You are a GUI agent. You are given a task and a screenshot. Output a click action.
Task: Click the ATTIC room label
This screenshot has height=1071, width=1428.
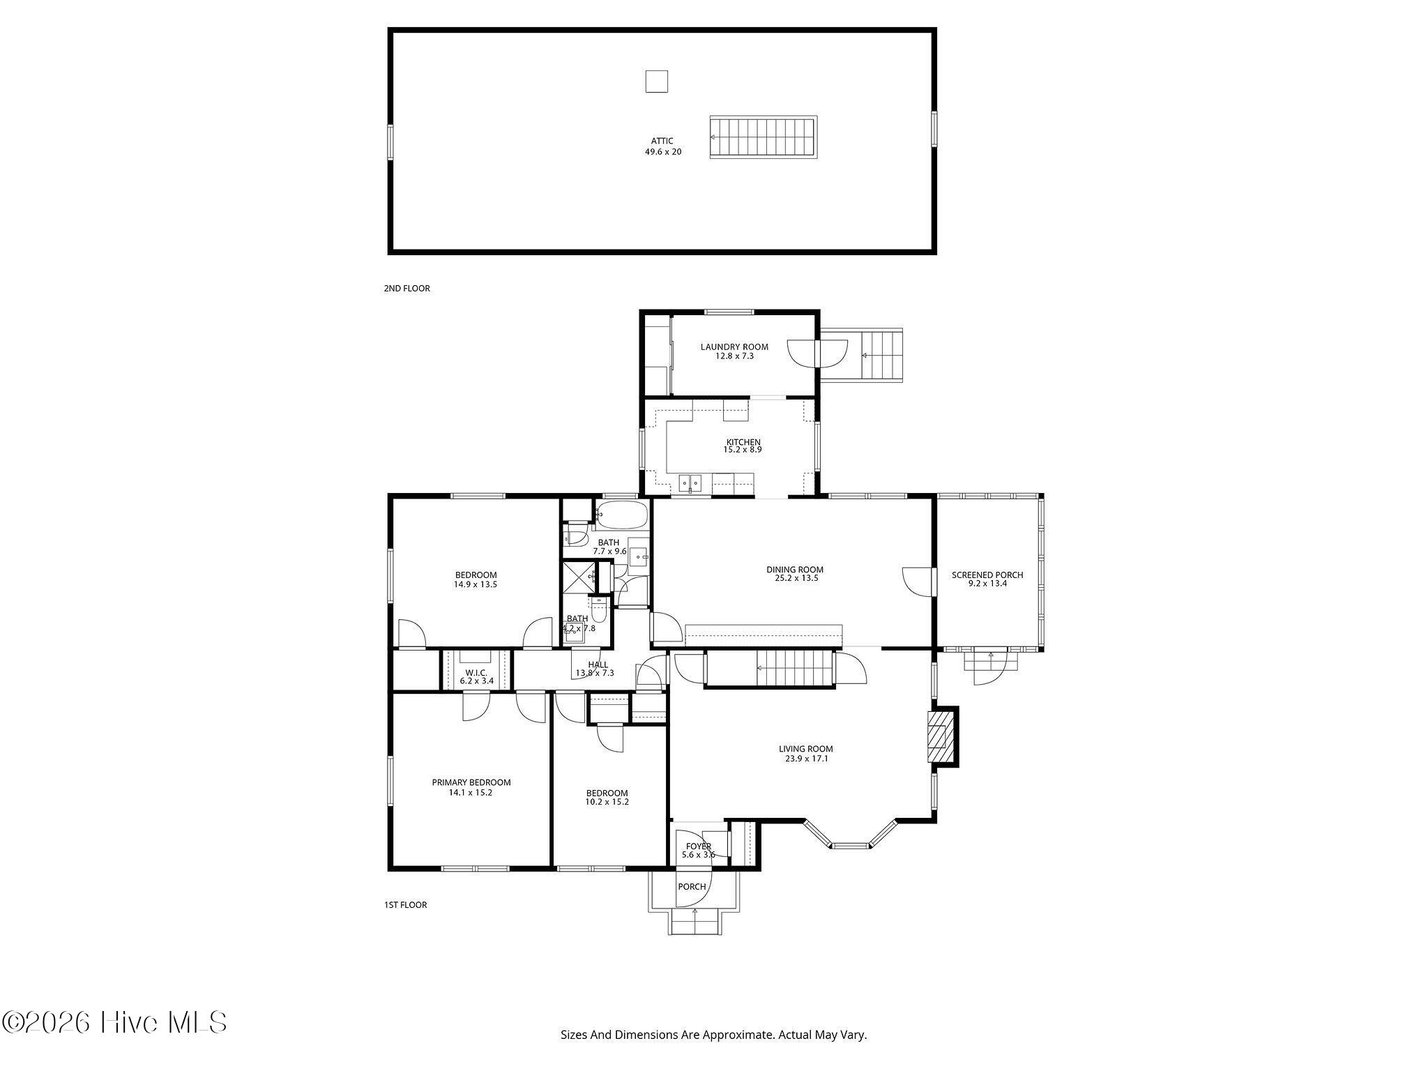(662, 141)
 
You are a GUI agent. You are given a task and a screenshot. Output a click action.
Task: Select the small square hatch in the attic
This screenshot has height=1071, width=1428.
(656, 82)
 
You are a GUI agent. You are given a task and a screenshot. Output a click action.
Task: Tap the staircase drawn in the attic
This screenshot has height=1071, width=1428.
(764, 138)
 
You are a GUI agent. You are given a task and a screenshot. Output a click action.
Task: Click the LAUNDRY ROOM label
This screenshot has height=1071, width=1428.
(734, 347)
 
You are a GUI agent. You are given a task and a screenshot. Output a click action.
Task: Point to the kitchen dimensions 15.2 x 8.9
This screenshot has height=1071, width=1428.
(743, 450)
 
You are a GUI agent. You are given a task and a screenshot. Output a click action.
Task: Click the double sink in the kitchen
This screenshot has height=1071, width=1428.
(690, 483)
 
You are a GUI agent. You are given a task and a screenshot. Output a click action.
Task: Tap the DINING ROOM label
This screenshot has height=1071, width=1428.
(795, 570)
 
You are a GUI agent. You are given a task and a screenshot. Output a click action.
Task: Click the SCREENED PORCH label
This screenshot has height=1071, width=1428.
(987, 575)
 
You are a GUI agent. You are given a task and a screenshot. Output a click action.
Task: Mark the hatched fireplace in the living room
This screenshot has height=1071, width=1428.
(941, 737)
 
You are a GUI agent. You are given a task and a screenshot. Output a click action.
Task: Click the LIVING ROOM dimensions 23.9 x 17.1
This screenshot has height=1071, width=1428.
(806, 759)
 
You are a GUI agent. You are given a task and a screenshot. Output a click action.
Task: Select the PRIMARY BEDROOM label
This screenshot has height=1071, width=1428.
(471, 782)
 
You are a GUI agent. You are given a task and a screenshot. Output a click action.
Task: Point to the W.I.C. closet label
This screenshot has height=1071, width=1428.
(476, 672)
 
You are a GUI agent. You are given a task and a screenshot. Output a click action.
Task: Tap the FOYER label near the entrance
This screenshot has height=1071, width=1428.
(698, 846)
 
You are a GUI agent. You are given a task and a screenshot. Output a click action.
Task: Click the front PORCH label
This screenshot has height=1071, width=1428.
(692, 887)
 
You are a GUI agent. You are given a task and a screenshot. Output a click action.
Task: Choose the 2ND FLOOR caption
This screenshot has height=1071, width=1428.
(407, 289)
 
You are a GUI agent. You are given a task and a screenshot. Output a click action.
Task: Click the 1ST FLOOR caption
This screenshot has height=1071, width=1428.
(405, 905)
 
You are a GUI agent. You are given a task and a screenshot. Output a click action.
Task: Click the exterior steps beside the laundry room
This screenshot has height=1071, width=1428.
(882, 355)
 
